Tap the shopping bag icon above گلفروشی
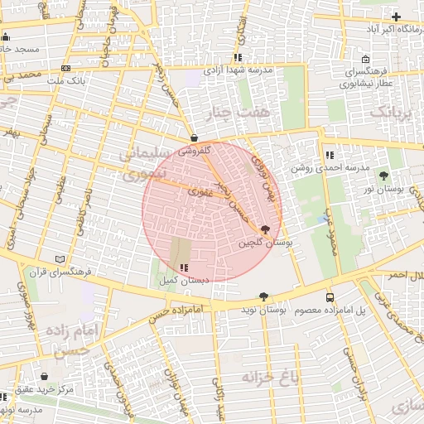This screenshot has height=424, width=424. [194, 138]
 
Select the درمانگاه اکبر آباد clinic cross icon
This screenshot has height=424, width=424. [396, 17]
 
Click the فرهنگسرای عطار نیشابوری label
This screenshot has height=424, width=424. [369, 78]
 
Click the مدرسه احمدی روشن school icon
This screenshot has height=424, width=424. [330, 155]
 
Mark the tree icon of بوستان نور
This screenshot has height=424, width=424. [383, 176]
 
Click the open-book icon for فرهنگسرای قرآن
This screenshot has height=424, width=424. [58, 259]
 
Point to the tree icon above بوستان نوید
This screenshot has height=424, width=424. [263, 296]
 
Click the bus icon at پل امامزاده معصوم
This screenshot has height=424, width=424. [330, 296]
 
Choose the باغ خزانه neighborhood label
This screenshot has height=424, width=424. [269, 378]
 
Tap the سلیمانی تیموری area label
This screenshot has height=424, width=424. [145, 164]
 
